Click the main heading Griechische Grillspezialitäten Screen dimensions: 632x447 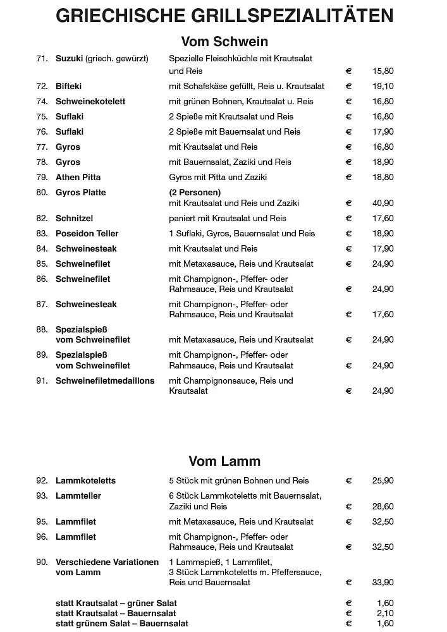224,16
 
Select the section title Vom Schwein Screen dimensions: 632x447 224,42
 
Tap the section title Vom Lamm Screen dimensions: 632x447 224,461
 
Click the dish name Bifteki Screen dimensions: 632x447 68,86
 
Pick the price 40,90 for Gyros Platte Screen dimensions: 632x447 383,203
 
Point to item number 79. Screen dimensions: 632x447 42,177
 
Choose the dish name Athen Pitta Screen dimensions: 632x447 78,177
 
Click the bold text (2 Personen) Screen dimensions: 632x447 195,192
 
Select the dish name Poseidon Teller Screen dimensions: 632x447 87,233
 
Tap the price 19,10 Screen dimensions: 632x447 383,86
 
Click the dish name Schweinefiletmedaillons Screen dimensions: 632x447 105,380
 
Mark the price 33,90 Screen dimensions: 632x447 383,582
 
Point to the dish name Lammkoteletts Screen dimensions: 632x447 85,480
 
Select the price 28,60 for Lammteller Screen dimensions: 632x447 383,506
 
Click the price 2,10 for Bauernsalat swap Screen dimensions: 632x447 385,613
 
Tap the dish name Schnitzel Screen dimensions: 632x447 74,218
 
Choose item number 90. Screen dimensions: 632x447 42,562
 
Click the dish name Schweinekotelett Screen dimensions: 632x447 90,101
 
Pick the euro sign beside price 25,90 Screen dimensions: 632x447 348,480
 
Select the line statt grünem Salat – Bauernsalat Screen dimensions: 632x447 122,623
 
